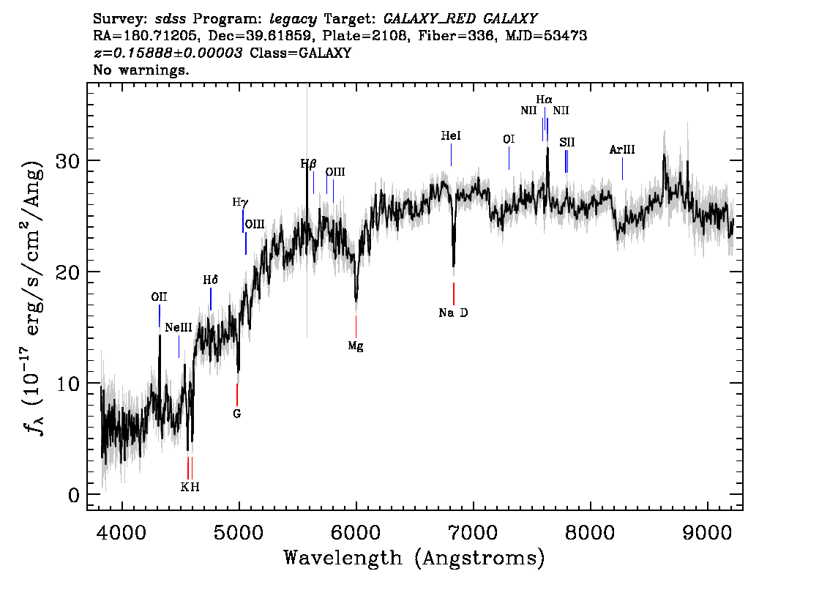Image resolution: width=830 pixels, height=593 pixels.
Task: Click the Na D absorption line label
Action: coord(453,313)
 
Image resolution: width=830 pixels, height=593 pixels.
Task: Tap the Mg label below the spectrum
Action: coord(356,346)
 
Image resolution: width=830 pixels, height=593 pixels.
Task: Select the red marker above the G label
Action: coord(237,395)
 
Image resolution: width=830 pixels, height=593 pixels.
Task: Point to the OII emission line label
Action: coord(159,297)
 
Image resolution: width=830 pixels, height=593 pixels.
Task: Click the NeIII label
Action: coord(179,327)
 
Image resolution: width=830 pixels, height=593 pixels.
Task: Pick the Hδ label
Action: coord(211,280)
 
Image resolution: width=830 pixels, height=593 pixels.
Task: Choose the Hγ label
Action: coord(240,202)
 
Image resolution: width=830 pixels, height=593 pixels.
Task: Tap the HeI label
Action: coord(451,136)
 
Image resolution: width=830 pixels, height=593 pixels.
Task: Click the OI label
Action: coord(509,139)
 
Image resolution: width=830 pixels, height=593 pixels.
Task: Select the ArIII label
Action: coord(622,150)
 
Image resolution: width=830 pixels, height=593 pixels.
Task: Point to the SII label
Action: coord(567,143)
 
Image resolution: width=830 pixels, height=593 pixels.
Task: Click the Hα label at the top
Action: coord(544,100)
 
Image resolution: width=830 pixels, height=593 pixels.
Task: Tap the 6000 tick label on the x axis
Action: coord(356,532)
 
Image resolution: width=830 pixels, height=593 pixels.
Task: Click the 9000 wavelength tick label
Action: coord(707,532)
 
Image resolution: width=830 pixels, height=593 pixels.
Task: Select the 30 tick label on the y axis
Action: coord(68,160)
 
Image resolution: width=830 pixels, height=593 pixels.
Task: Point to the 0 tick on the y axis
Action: coord(74,495)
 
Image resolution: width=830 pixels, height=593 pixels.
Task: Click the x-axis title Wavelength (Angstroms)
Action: coord(414,559)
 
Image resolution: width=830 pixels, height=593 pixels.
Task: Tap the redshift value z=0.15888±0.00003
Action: coord(168,53)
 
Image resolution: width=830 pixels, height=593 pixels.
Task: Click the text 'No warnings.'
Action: coord(141,70)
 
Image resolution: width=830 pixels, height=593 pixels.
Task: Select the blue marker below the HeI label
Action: coord(451,154)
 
